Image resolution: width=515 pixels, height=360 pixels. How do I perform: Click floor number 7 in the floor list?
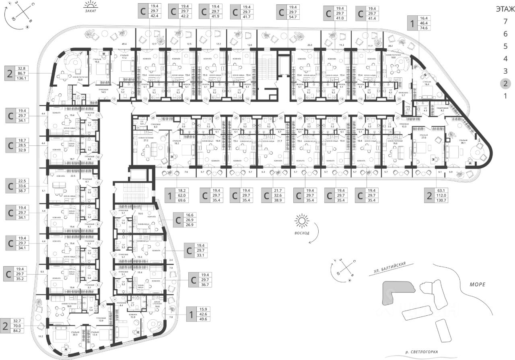click(505, 22)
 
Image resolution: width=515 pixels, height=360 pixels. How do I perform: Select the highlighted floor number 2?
click(505, 84)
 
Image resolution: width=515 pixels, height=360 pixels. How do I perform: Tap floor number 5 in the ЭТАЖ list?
click(505, 47)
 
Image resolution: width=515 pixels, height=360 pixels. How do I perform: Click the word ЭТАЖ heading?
click(505, 9)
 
